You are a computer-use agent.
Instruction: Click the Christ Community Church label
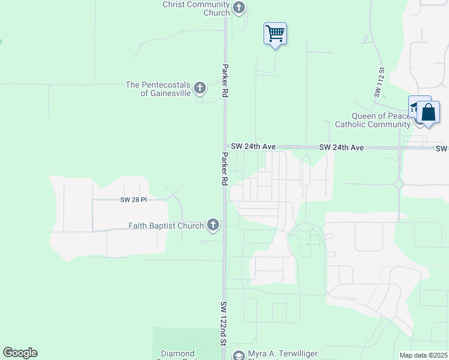tap(196, 8)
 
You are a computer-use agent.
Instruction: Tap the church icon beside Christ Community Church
tap(239, 8)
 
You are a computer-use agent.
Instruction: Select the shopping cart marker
tap(275, 34)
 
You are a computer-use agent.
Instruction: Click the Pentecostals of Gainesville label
tap(158, 89)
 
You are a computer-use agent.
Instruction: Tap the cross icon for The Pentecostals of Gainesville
tap(200, 89)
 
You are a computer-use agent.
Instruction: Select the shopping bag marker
tap(429, 112)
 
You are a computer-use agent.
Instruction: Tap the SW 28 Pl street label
tap(133, 199)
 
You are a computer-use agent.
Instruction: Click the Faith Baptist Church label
tap(166, 226)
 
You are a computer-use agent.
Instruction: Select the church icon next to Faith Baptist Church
tap(212, 225)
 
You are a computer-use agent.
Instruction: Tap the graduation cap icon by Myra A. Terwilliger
tap(238, 356)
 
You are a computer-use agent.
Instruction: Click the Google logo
tap(20, 353)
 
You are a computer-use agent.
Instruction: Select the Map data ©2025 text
tap(423, 355)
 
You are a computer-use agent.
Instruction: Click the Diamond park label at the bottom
tap(177, 354)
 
